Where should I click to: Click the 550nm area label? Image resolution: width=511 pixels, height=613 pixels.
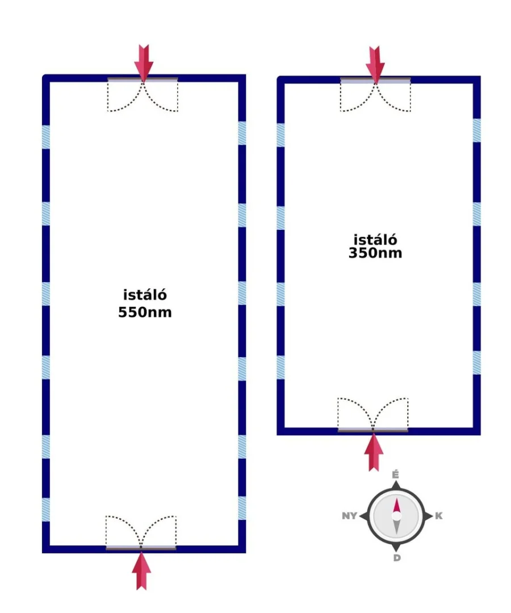coord(145,312)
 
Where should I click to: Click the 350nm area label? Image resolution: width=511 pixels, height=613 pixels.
coord(375,253)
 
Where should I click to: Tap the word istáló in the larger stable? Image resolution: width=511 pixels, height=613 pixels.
coord(145,296)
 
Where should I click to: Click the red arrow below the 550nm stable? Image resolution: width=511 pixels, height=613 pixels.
coord(141,570)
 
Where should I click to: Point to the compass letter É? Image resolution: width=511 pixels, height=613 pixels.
coord(396,475)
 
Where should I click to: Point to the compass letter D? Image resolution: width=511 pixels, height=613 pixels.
coord(396,558)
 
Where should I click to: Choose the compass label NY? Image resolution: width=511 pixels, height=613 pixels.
coord(349,516)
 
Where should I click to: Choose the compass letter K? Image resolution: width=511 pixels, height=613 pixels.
coord(438,516)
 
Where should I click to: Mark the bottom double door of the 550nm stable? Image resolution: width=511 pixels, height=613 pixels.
coord(141,532)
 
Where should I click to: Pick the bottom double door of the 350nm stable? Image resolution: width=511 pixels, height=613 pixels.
coord(373,414)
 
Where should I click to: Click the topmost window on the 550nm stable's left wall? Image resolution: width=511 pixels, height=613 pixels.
coord(46,137)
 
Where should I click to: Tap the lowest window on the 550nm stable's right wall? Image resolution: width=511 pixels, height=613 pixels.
coord(242,508)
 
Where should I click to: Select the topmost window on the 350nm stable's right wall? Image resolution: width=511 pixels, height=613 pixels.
coord(476,131)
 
